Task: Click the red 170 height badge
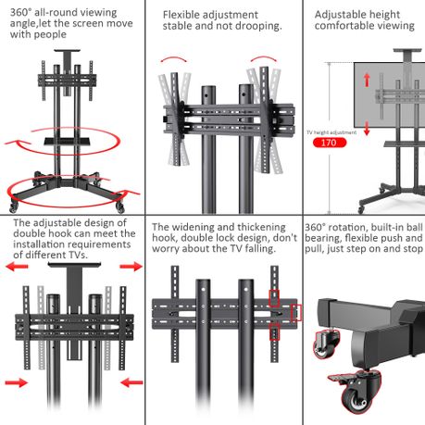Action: (330, 143)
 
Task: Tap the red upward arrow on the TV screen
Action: (367, 80)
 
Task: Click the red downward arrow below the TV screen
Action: (367, 129)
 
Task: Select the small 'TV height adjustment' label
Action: (331, 132)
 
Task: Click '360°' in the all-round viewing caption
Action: (20, 12)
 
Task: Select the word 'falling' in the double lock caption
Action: (258, 248)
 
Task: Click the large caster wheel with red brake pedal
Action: (358, 396)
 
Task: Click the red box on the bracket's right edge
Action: (296, 313)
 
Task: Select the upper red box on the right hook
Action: (274, 298)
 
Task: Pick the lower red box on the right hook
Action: (274, 332)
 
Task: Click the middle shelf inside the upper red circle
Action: (68, 142)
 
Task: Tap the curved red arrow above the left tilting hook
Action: (173, 59)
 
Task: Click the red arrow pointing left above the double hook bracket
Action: (17, 267)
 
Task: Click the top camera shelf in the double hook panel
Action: (74, 265)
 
